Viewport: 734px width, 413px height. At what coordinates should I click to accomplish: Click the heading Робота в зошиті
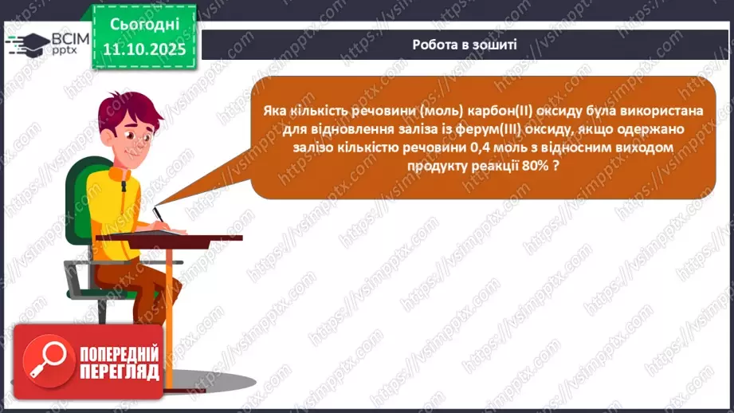click(465, 44)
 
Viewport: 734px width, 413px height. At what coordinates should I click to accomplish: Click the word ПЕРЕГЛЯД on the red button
click(119, 371)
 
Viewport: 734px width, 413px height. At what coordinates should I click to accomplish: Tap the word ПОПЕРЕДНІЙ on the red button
click(119, 351)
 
